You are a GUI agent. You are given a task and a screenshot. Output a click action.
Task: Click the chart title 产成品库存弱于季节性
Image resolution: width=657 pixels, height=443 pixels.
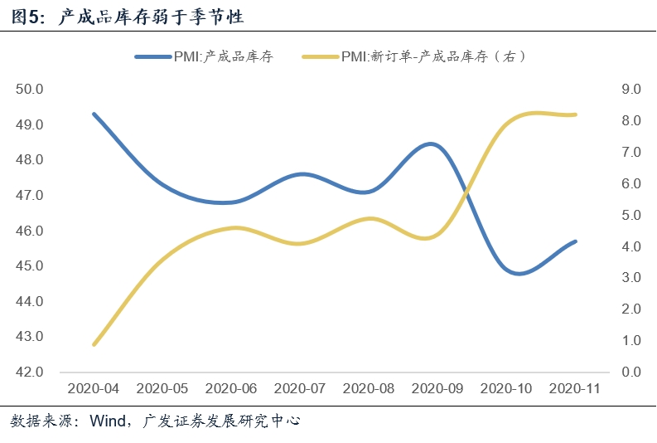tap(152, 16)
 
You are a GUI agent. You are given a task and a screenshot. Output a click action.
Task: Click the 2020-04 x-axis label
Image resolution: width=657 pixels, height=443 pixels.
tap(94, 388)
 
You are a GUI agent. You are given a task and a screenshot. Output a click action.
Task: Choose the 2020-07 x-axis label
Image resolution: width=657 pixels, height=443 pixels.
tap(300, 388)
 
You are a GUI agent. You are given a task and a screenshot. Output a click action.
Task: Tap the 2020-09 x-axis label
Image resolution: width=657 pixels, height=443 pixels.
tap(437, 388)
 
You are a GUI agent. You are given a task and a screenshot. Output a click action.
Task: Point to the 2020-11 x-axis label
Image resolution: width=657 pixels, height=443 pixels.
tap(575, 388)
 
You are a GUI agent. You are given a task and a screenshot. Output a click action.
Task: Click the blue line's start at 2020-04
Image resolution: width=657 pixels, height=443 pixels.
tap(94, 114)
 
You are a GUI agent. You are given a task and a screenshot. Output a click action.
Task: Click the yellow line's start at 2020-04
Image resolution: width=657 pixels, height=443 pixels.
tap(94, 344)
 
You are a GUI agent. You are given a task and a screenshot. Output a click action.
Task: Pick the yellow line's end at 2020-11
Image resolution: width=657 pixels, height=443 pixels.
tap(575, 114)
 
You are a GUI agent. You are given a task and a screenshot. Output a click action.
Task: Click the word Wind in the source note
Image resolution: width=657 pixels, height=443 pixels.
tap(108, 421)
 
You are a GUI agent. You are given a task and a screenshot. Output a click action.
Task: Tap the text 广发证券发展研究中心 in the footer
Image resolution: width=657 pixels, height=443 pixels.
tap(222, 421)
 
